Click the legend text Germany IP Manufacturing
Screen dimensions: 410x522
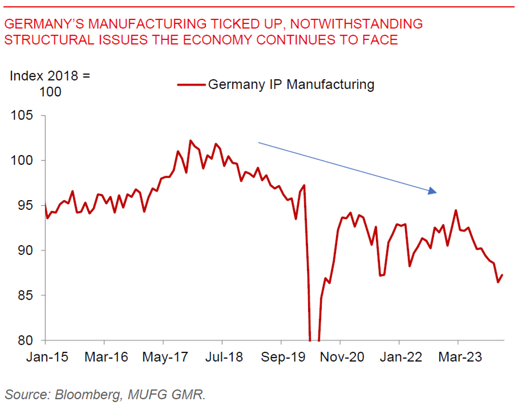pos(291,84)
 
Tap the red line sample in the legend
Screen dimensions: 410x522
pos(191,85)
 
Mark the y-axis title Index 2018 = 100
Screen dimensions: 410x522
pos(50,84)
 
